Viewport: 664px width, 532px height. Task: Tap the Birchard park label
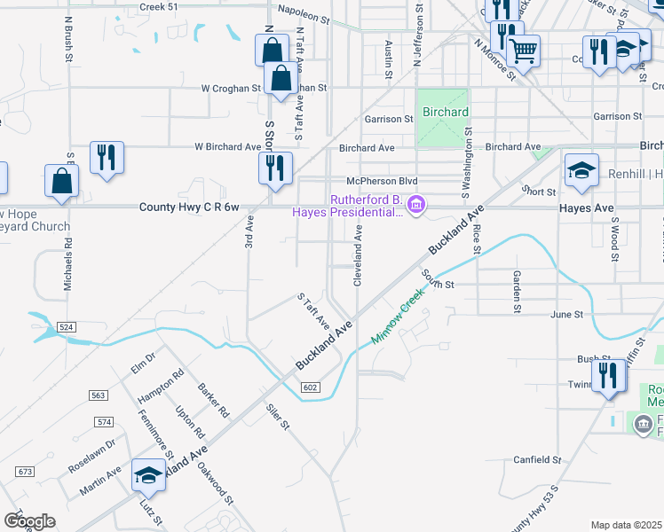click(x=445, y=113)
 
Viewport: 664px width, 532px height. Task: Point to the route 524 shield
click(x=66, y=327)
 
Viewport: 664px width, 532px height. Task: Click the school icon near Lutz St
click(x=148, y=475)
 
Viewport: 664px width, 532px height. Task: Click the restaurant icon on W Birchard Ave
click(x=107, y=158)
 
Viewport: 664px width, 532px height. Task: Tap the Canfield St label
click(x=538, y=460)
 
